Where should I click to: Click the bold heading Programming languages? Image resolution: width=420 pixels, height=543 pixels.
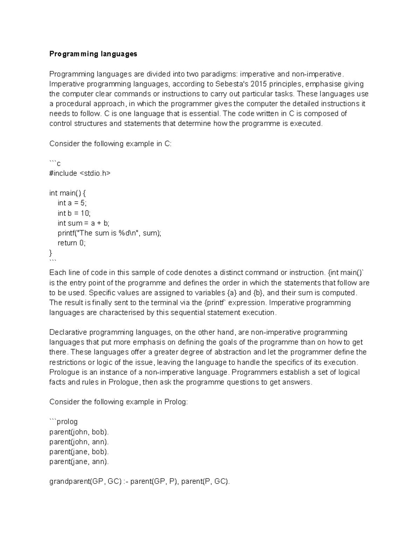coord(93,54)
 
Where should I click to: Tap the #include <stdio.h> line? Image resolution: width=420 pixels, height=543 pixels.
coord(79,173)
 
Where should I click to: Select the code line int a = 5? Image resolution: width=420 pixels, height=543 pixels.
coord(72,203)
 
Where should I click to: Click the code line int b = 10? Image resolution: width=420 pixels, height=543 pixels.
coord(74,213)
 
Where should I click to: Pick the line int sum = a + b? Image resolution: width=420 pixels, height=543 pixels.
coord(83,223)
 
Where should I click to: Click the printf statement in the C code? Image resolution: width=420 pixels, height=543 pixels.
coord(109,233)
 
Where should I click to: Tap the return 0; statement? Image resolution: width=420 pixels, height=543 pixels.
coord(71,243)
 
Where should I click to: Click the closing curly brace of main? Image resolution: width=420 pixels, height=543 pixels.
coord(51,252)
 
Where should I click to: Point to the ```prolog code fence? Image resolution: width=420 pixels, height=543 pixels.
coord(63,422)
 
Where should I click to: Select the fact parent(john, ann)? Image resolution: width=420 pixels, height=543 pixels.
coord(79,442)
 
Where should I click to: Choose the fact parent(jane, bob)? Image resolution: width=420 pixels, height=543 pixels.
coord(79,452)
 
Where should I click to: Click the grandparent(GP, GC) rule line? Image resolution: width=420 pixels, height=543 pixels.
coord(140,481)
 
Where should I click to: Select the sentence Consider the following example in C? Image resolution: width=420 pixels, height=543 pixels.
coord(111,144)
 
